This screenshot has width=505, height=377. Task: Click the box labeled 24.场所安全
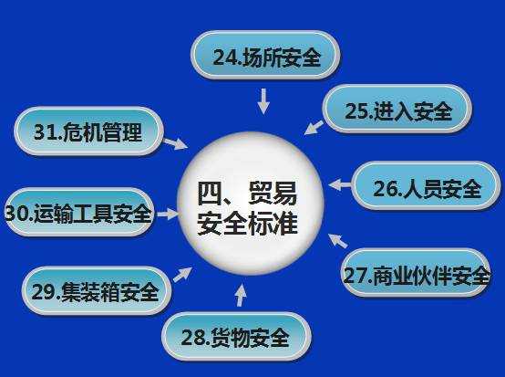point(265,57)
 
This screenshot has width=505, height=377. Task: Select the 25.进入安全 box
point(397,110)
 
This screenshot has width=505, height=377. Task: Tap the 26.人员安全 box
point(426,188)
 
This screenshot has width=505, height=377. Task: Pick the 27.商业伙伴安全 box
point(416,274)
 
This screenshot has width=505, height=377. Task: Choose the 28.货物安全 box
point(235,338)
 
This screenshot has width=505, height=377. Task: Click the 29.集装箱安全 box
point(95,291)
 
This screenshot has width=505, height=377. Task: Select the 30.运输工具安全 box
point(77,214)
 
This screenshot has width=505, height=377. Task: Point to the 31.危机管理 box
point(88,132)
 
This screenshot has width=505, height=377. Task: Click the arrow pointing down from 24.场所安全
point(263,99)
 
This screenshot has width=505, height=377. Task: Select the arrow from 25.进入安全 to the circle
point(314,125)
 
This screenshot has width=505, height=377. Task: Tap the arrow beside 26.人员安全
point(339,185)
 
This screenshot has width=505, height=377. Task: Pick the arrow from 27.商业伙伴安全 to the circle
point(337,241)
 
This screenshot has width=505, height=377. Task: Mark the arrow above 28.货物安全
point(241,294)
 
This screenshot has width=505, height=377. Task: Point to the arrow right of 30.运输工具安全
point(167,215)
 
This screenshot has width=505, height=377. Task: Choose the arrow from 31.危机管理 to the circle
point(174,143)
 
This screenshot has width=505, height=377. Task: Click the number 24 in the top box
point(225,58)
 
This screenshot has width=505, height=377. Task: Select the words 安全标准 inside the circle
point(248,223)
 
